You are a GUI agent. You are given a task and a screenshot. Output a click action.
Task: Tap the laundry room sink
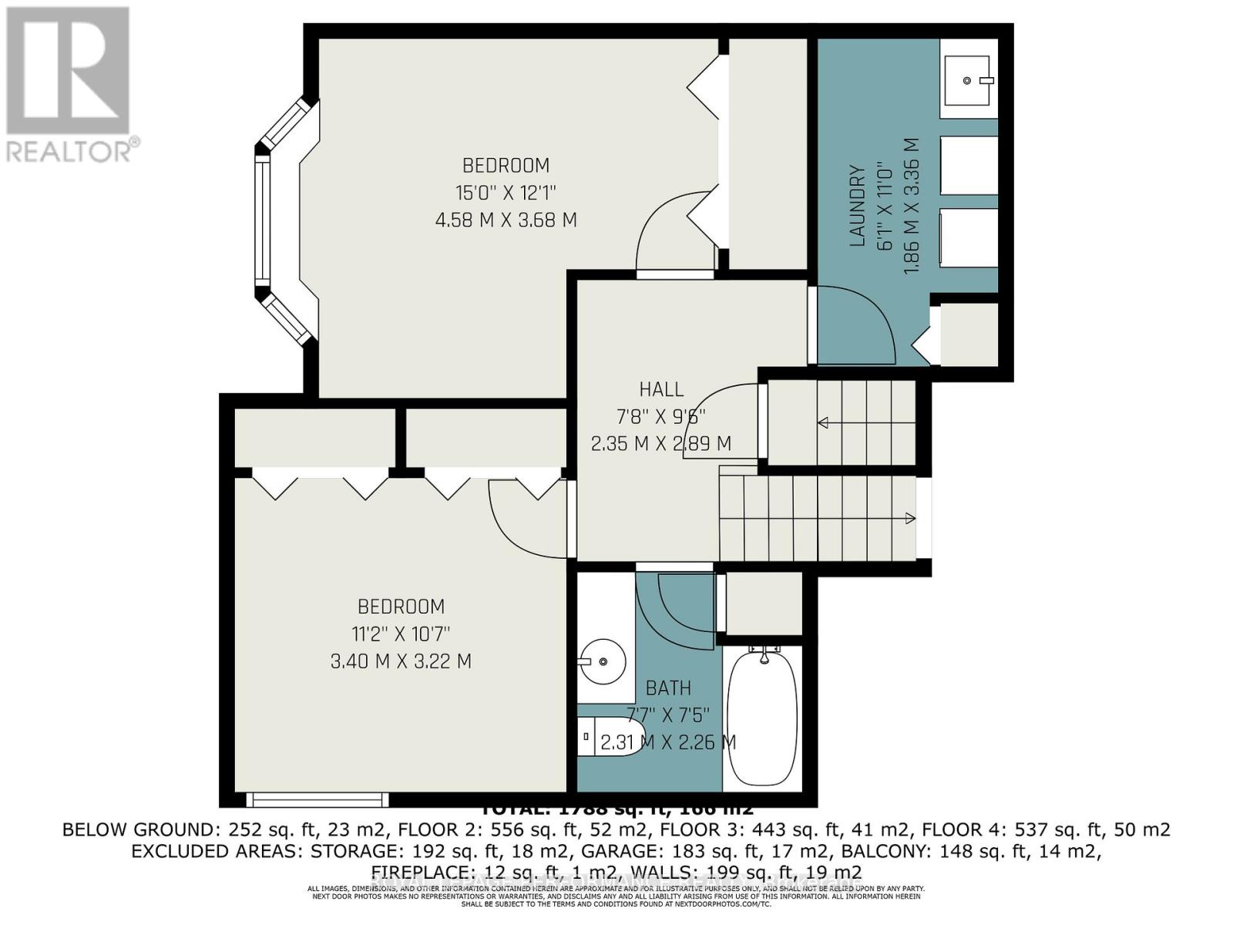point(968,80)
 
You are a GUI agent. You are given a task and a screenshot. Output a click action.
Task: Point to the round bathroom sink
point(602,661)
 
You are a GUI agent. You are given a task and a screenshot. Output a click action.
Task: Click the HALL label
point(660,389)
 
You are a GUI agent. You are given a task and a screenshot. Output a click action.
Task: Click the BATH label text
point(668,688)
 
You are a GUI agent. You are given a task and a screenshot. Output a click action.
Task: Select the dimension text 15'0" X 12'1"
point(506,192)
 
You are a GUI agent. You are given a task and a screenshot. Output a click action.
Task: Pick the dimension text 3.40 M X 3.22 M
point(401,661)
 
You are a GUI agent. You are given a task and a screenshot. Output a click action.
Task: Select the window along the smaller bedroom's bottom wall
point(317,799)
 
